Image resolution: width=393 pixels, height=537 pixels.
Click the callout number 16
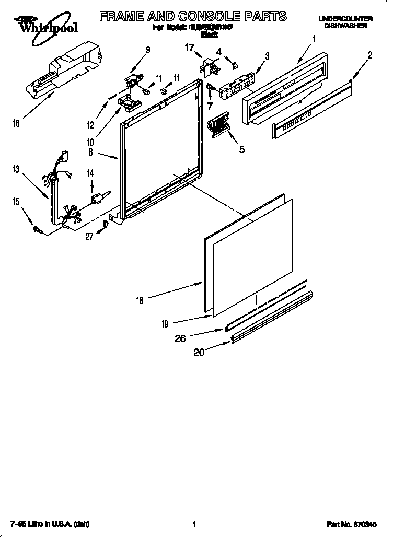(17, 123)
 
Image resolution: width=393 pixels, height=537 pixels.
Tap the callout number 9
(148, 50)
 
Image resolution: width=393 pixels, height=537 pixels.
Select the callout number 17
(189, 47)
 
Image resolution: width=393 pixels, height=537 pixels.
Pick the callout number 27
(89, 236)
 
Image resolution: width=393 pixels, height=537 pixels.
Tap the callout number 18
(139, 300)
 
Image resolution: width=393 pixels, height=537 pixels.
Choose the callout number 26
(180, 338)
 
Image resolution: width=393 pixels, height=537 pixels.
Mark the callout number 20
(199, 353)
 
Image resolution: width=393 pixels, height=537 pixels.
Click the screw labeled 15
(38, 228)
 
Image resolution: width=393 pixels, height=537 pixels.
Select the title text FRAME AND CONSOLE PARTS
(193, 16)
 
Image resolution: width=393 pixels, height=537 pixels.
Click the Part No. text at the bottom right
(350, 524)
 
